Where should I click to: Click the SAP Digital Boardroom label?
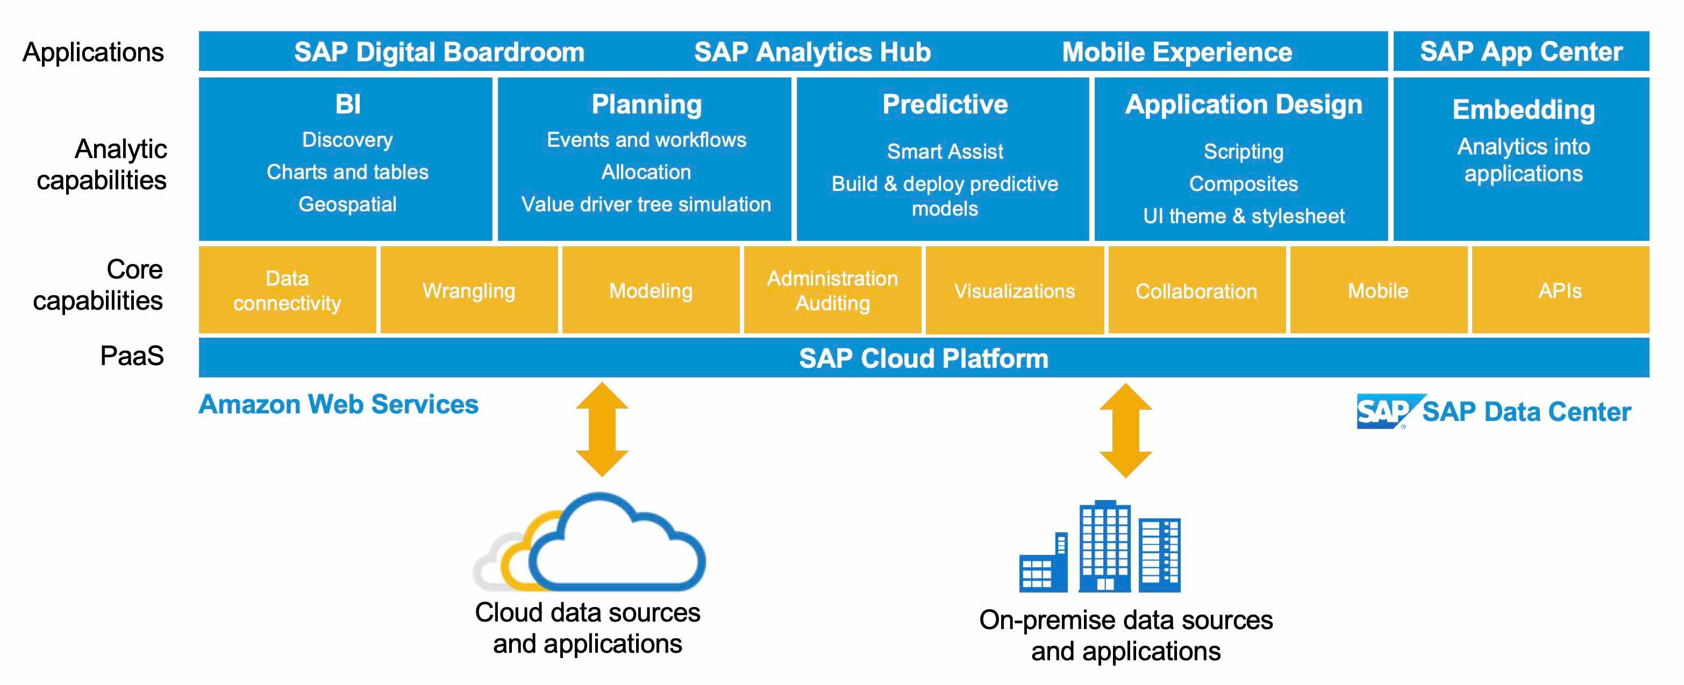[439, 52]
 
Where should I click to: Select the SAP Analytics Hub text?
[812, 52]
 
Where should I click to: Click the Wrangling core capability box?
[469, 290]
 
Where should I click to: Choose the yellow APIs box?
[1560, 290]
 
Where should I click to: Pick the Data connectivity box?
[287, 290]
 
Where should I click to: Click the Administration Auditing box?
[832, 290]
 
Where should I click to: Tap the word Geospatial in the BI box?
[347, 204]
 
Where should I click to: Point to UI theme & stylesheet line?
[1244, 216]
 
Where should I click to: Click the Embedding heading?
[1523, 109]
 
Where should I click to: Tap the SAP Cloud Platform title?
[923, 358]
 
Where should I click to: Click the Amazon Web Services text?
[338, 404]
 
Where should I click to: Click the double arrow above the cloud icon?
[602, 430]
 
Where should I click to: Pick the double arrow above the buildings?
[1125, 430]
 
